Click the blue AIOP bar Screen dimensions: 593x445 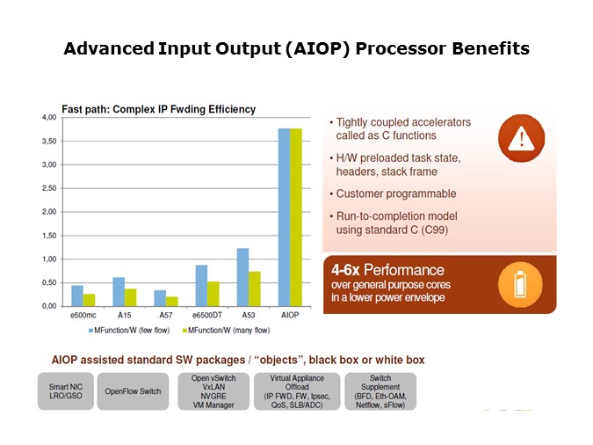pyautogui.click(x=284, y=217)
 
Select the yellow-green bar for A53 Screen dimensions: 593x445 pyautogui.click(x=255, y=289)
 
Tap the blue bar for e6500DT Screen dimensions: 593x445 pyautogui.click(x=201, y=286)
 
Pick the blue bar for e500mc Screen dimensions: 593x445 pyautogui.click(x=77, y=295)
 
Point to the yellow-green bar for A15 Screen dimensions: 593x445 pyautogui.click(x=131, y=297)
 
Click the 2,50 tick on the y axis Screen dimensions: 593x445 pyautogui.click(x=49, y=188)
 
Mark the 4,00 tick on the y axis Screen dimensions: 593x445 pyautogui.click(x=49, y=117)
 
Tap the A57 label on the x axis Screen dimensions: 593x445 pyautogui.click(x=166, y=315)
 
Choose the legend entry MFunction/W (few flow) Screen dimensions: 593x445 pyautogui.click(x=129, y=331)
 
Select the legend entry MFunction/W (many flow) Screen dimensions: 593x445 pyautogui.click(x=226, y=331)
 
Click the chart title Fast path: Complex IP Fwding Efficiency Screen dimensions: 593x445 pyautogui.click(x=159, y=109)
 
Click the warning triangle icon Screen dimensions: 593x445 pyautogui.click(x=522, y=138)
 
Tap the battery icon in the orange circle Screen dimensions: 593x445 pyautogui.click(x=520, y=285)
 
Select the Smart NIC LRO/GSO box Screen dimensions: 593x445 pyautogui.click(x=65, y=391)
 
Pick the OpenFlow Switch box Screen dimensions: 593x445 pyautogui.click(x=133, y=391)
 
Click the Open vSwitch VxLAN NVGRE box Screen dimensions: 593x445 pyautogui.click(x=213, y=391)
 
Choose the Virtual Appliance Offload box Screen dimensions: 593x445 pyautogui.click(x=297, y=391)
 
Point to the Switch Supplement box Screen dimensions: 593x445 pyautogui.click(x=380, y=391)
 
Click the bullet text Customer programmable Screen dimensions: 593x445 pyautogui.click(x=396, y=193)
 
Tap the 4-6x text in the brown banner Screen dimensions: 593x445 pyautogui.click(x=345, y=270)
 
